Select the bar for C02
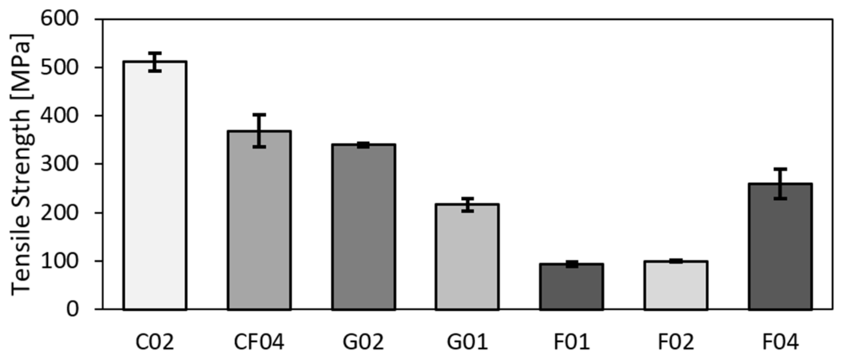155,185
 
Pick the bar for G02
363,227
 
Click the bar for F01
571,287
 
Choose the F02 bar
676,285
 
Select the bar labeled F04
780,246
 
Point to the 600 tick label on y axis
60,18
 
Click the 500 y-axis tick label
60,67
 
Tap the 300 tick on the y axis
60,164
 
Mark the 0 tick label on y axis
72,309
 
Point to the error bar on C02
155,62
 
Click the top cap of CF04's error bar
259,115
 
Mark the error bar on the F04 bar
780,184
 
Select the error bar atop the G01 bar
467,205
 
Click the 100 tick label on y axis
60,261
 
